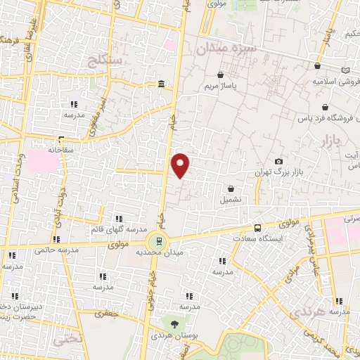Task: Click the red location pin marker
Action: click(x=181, y=164)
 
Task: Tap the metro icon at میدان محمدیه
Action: click(x=160, y=240)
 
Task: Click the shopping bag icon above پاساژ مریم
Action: click(x=221, y=75)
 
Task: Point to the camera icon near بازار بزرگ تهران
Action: click(x=279, y=162)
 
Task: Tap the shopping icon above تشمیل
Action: click(x=231, y=188)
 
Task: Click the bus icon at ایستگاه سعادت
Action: click(x=257, y=228)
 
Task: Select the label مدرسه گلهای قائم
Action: click(x=118, y=230)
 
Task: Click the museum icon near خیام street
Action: click(x=162, y=85)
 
